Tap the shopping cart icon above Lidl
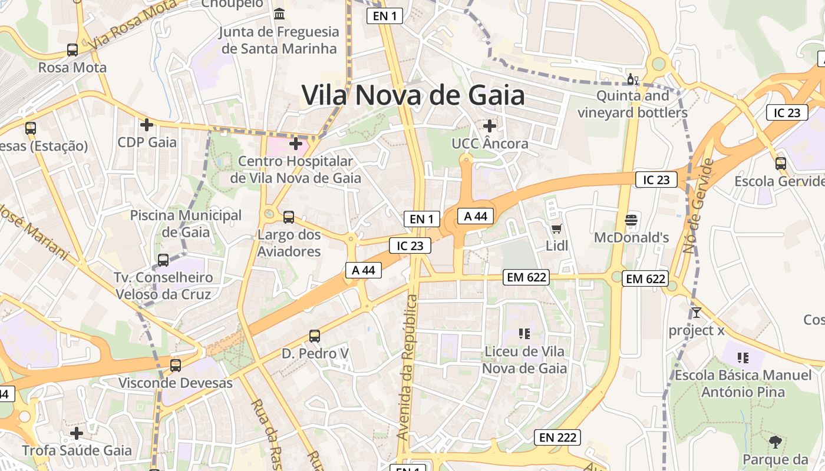(x=556, y=228)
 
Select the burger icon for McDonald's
(x=631, y=220)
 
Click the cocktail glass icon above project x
(x=697, y=312)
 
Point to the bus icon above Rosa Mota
(x=72, y=50)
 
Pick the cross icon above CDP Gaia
(x=147, y=125)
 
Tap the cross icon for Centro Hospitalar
(x=296, y=143)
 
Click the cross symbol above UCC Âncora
(x=490, y=126)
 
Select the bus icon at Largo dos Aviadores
(x=289, y=217)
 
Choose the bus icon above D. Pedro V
(x=315, y=336)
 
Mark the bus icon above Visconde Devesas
(x=176, y=365)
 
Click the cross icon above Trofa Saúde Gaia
(x=77, y=434)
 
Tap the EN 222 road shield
(x=557, y=437)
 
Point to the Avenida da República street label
(x=408, y=367)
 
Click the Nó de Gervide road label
(x=699, y=206)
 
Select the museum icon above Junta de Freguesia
(x=279, y=14)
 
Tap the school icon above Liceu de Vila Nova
(x=524, y=334)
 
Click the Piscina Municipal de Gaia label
(x=186, y=224)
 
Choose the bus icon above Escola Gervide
(x=781, y=164)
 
